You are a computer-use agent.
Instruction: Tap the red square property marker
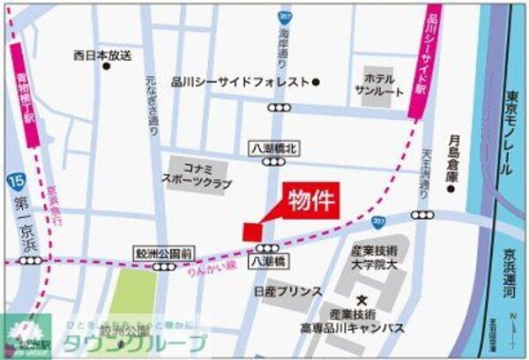[252, 231]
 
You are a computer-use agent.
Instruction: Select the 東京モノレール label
[511, 133]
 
